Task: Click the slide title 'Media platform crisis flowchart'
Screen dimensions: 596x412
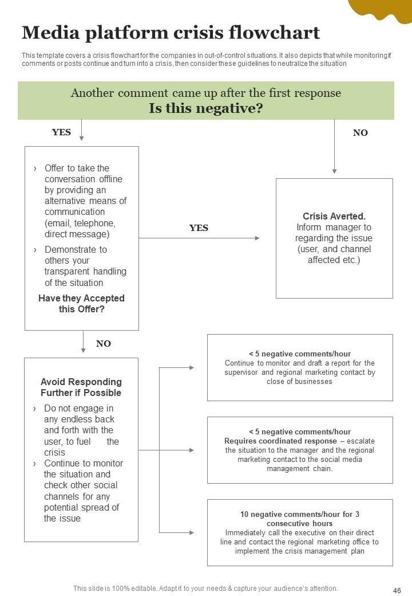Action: click(x=171, y=33)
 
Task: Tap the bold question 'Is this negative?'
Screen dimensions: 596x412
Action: click(x=205, y=108)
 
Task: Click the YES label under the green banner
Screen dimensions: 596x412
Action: click(x=61, y=132)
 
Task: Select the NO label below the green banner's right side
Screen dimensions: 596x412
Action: click(x=360, y=133)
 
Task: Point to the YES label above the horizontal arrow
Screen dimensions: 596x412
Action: click(x=199, y=228)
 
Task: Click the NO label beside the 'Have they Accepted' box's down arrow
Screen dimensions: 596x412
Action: click(x=103, y=344)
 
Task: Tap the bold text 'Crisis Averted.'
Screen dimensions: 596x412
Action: click(x=334, y=216)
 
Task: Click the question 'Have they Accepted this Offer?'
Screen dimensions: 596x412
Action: click(x=81, y=304)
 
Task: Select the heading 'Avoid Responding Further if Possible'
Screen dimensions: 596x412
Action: click(x=81, y=387)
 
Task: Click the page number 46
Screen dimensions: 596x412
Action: click(x=397, y=590)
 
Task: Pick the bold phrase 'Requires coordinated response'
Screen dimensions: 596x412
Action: click(x=280, y=441)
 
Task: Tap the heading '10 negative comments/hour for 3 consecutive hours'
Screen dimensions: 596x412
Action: click(x=299, y=519)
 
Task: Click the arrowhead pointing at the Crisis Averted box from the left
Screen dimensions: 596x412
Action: click(x=257, y=238)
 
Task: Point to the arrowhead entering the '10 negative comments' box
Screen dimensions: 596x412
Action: click(x=192, y=532)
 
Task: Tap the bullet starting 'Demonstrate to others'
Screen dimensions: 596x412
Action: click(x=85, y=266)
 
